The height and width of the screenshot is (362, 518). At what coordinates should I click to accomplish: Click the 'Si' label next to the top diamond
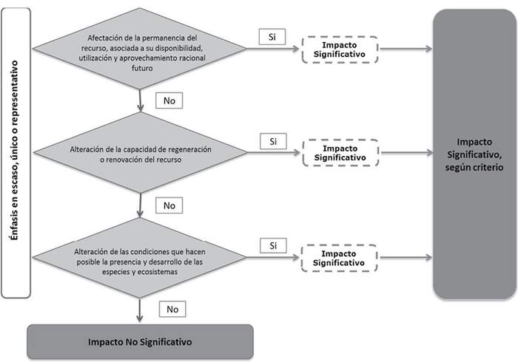click(272, 37)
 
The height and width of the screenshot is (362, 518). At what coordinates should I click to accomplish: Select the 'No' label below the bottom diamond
click(172, 308)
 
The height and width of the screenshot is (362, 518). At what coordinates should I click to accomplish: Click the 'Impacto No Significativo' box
click(140, 342)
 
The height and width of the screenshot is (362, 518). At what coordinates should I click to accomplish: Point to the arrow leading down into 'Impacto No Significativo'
click(141, 309)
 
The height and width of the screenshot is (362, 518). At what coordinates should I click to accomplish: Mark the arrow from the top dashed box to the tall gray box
click(405, 49)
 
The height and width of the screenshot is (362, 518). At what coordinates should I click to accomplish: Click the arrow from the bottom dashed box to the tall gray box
click(405, 258)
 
